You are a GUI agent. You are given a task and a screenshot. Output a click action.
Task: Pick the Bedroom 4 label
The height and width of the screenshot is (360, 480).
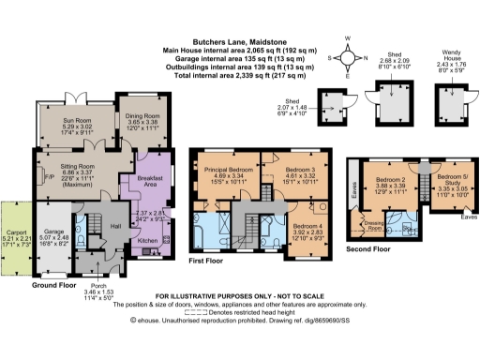(305, 226)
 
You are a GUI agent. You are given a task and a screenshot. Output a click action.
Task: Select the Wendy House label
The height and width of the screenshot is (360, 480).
(451, 56)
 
